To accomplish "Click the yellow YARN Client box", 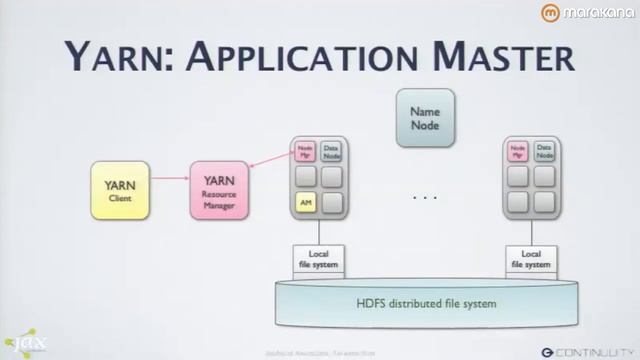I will pos(120,190).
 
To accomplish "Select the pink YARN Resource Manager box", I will pos(219,190).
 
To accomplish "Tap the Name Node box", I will pos(425,118).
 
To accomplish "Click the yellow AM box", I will pos(306,203).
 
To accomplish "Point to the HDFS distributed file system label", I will pos(426,303).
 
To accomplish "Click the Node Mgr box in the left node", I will pos(306,151).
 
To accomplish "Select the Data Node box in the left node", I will pos(332,151).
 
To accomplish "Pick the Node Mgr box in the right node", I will pos(518,151).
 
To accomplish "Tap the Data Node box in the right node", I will pos(544,151).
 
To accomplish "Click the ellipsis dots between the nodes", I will pos(425,198).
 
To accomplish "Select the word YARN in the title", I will pos(108,56).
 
